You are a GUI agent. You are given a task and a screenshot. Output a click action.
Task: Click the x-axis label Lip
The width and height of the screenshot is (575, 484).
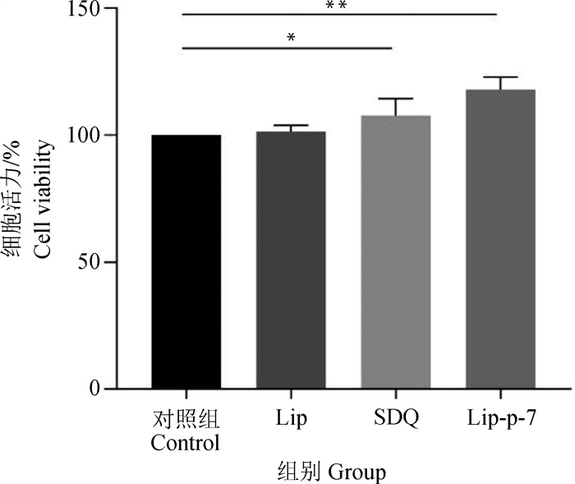coord(291,418)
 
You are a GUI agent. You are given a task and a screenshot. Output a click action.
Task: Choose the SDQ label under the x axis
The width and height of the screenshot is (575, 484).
coord(396,418)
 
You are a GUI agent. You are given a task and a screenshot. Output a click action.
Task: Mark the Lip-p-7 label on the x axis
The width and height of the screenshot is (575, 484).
coord(500,418)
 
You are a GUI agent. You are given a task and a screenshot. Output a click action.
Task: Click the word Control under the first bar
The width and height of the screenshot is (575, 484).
coord(186,445)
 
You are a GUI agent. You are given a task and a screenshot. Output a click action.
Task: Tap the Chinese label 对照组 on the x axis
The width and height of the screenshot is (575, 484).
coord(186,419)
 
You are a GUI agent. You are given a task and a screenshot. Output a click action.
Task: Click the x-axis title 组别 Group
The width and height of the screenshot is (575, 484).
coord(331,472)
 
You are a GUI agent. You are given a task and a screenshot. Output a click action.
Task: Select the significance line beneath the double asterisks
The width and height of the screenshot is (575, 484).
coord(339,15)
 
